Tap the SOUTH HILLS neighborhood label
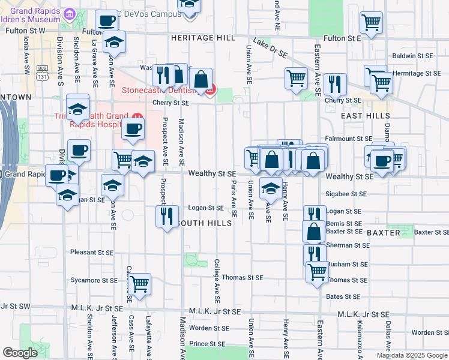(x=203, y=223)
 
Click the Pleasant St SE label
(x=91, y=253)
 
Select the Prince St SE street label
(x=207, y=344)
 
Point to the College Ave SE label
(x=217, y=281)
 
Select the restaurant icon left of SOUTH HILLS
(x=167, y=215)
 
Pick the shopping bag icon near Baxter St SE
(x=315, y=231)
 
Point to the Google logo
(x=20, y=353)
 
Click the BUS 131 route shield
(x=41, y=77)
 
